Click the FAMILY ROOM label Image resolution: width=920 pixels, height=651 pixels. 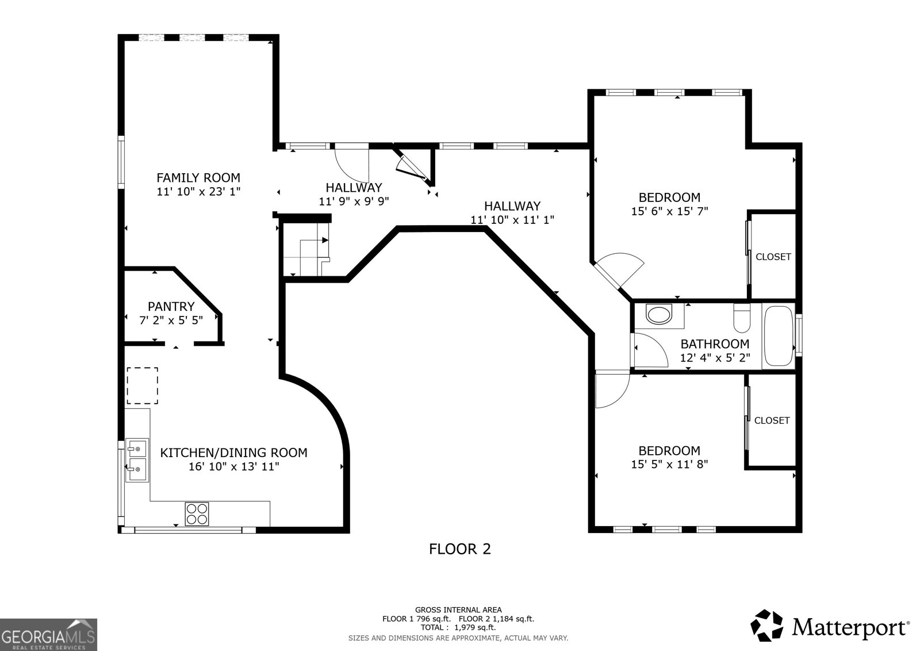tap(198, 178)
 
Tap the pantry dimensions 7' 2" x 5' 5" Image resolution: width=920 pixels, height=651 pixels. tap(171, 321)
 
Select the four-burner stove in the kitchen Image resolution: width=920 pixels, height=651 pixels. tap(197, 513)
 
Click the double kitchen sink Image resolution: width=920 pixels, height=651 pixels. tap(137, 460)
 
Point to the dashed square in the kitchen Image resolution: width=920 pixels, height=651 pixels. tap(142, 385)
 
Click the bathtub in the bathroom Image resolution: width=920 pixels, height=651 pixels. tap(778, 337)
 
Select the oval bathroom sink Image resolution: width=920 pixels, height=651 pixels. tap(659, 314)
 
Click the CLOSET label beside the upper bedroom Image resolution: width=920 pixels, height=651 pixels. tap(773, 257)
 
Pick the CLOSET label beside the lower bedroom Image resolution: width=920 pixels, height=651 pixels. tap(772, 421)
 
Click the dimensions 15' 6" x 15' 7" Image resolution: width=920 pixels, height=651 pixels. tap(669, 211)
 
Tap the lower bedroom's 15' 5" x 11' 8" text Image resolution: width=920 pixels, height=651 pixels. tap(669, 465)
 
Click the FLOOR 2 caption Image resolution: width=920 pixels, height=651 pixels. tap(460, 549)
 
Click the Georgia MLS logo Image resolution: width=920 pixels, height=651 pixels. tap(48, 634)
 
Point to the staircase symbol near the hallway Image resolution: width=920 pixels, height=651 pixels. tap(306, 250)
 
